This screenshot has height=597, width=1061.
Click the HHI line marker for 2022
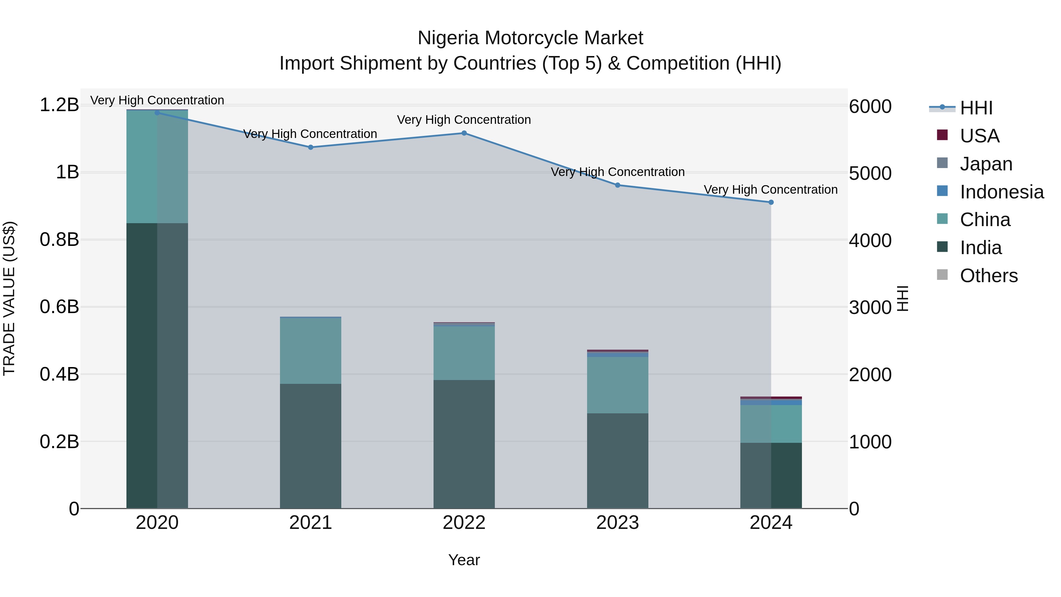464,133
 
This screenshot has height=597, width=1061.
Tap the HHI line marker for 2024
771,202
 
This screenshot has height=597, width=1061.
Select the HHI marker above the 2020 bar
157,113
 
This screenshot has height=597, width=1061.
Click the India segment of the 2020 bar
157,366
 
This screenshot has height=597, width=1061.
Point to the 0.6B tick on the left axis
59,307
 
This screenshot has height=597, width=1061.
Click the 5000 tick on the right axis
870,173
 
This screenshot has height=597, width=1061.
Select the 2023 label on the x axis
617,523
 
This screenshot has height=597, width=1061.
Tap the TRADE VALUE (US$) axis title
9,298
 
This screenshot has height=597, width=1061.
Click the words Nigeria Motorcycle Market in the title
530,38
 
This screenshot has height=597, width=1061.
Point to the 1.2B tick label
59,105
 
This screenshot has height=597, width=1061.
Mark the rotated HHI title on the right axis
902,298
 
